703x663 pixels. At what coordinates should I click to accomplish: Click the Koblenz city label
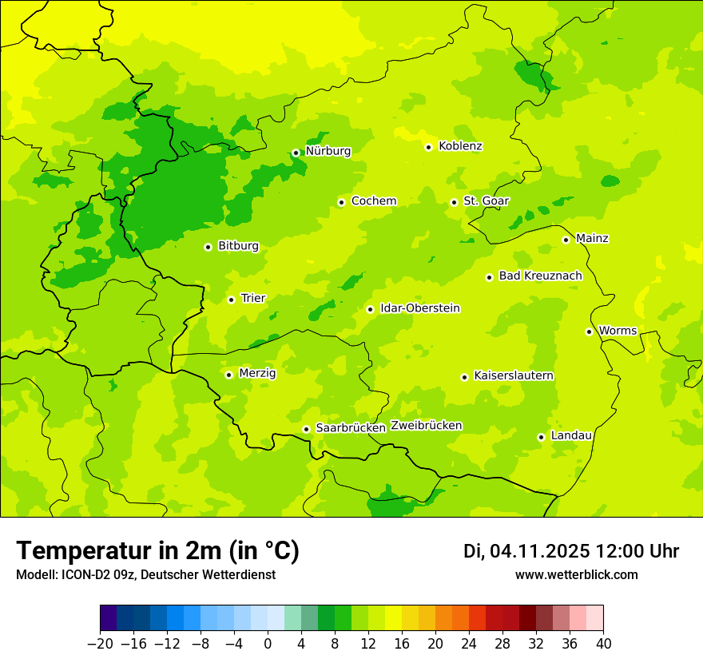click(x=460, y=146)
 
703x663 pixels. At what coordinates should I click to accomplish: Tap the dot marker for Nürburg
click(x=296, y=153)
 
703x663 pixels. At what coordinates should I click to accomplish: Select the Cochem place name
click(x=373, y=201)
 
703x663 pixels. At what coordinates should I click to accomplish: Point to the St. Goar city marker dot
click(x=454, y=202)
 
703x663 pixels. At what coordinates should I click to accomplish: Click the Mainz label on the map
click(x=592, y=239)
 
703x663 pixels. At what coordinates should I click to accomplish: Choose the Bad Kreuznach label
click(x=540, y=276)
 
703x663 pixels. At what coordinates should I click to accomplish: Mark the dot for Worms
click(x=589, y=331)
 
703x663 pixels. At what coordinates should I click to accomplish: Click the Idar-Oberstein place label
click(x=419, y=308)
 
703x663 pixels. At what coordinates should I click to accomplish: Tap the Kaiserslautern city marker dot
click(x=464, y=377)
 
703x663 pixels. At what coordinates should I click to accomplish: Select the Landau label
click(x=571, y=435)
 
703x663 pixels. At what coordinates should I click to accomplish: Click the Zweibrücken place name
click(x=426, y=426)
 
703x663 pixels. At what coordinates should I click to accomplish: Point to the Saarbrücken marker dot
click(x=306, y=429)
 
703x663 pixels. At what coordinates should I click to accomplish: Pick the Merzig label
click(x=257, y=373)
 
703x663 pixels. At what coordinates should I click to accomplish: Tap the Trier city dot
click(x=231, y=300)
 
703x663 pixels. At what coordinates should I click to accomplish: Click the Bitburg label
click(x=238, y=246)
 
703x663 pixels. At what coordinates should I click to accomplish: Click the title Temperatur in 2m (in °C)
click(x=157, y=550)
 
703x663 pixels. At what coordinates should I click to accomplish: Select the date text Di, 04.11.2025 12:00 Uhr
click(x=570, y=551)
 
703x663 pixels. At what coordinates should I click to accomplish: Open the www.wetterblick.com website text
click(x=576, y=574)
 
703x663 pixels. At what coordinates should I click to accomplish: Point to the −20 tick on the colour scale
click(x=101, y=644)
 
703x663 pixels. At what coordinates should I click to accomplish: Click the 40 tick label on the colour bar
click(x=603, y=644)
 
